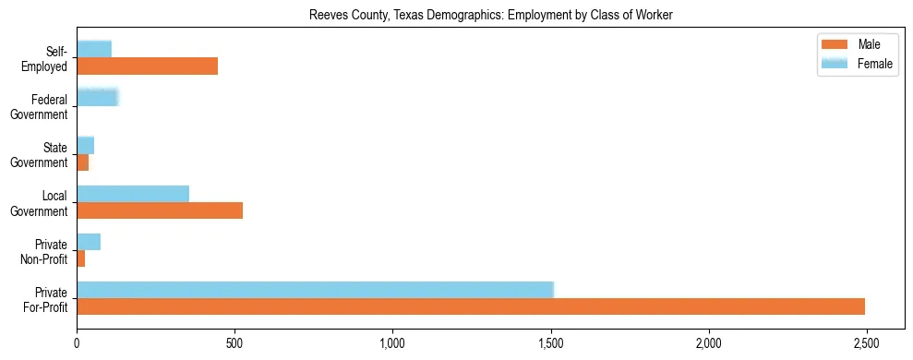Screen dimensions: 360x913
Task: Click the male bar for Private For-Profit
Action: point(471,306)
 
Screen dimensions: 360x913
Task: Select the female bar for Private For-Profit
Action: point(315,290)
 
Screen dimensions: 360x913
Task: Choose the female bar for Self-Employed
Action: point(94,49)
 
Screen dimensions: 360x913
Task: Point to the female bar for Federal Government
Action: point(98,97)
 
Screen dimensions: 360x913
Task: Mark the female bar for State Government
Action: point(86,145)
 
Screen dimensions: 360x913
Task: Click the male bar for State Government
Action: point(83,162)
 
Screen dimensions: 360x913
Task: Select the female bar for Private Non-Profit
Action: point(89,242)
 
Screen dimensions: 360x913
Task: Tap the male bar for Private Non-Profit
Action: point(81,258)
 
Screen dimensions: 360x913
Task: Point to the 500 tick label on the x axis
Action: point(234,343)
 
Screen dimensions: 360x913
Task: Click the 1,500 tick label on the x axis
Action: point(550,343)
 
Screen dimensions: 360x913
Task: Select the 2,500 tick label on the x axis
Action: point(866,343)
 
